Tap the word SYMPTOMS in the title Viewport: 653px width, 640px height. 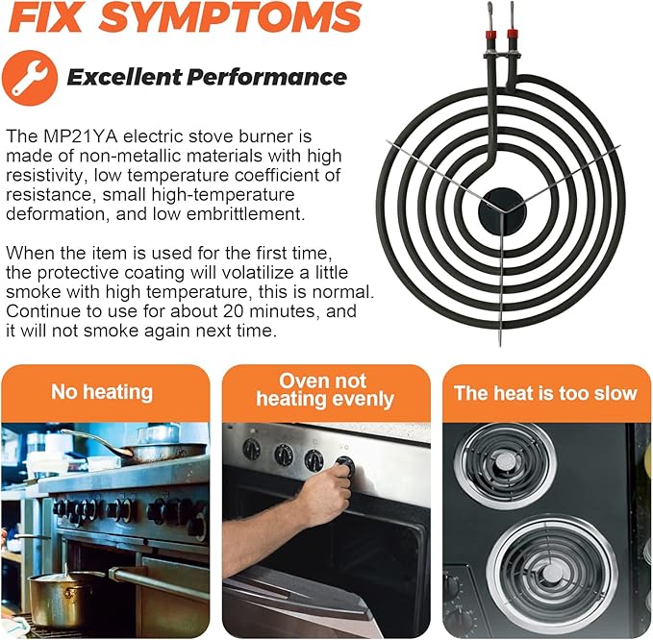[230, 16]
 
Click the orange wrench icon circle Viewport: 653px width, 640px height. [29, 78]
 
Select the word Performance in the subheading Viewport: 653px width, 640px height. [266, 77]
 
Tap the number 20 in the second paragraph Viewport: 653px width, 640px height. [233, 310]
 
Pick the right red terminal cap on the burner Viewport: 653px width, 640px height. [513, 34]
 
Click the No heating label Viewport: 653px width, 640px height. [102, 392]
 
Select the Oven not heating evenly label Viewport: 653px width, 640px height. [324, 390]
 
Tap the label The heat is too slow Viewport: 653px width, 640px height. [545, 393]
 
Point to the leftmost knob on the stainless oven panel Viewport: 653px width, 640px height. [251, 450]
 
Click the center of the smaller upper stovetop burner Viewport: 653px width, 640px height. [505, 463]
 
